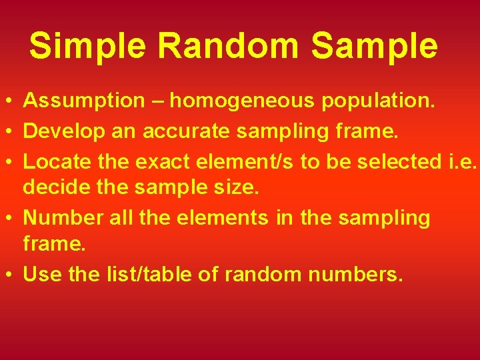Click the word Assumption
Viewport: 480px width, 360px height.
(x=84, y=101)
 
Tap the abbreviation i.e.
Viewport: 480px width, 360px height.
(x=460, y=161)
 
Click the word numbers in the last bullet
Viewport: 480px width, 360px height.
(x=352, y=275)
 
